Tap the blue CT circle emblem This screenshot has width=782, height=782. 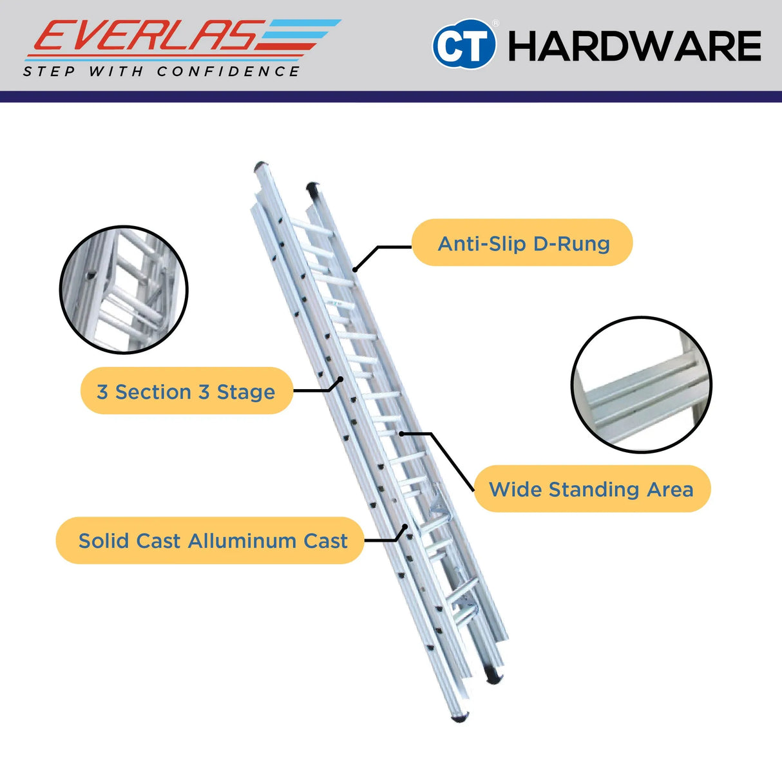coord(464,43)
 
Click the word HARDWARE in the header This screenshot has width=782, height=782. coord(634,46)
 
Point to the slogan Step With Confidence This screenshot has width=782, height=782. coord(161,72)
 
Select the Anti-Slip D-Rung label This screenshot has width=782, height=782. coord(522,243)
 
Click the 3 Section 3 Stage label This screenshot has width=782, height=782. coord(187,391)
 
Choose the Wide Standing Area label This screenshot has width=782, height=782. coord(592,489)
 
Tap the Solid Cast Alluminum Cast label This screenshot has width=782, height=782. coord(210,540)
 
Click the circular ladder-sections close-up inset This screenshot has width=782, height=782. coord(124,290)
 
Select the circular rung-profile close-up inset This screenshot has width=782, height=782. coord(641,385)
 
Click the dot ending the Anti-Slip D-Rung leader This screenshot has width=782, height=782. coord(355,269)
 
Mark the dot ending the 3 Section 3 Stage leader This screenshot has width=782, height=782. coord(341,379)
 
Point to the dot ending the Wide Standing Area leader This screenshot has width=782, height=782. coord(401,434)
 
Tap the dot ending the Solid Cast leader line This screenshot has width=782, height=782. coord(405,526)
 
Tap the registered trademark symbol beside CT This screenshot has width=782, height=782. coord(496,24)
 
